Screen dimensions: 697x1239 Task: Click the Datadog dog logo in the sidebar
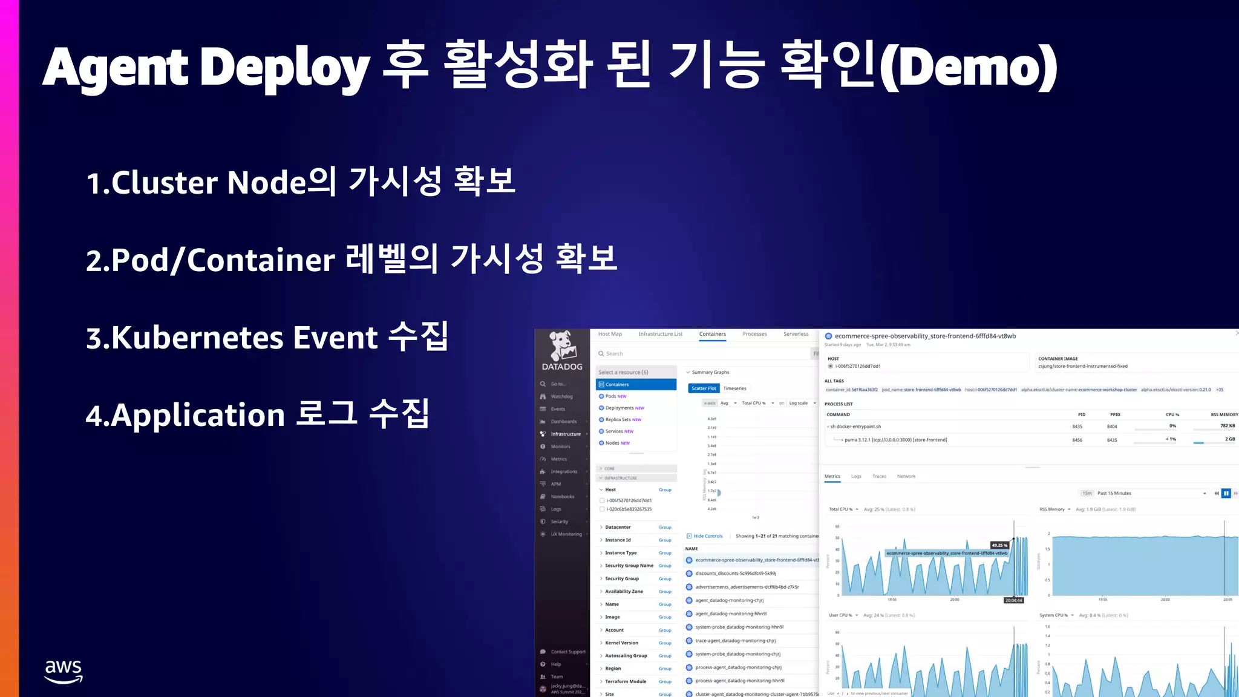click(x=562, y=346)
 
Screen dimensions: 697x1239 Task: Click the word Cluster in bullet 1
click(x=165, y=182)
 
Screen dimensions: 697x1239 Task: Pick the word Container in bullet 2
click(x=261, y=260)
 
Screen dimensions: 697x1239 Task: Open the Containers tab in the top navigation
click(x=712, y=334)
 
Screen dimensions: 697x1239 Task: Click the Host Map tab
click(x=610, y=334)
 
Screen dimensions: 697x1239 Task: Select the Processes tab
click(x=754, y=334)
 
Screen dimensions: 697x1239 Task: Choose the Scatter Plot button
click(x=704, y=388)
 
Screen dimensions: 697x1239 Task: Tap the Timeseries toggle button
click(x=735, y=388)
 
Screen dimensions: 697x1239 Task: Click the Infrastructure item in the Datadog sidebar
click(x=566, y=434)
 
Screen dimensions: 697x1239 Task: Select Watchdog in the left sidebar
click(x=561, y=396)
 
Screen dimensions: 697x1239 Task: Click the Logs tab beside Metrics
click(x=856, y=476)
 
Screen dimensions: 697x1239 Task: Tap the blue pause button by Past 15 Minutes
click(x=1226, y=493)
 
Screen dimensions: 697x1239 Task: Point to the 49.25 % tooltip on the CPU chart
click(x=999, y=545)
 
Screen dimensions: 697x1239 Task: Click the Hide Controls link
click(x=708, y=536)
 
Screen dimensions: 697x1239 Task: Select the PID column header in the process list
click(x=1082, y=414)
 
